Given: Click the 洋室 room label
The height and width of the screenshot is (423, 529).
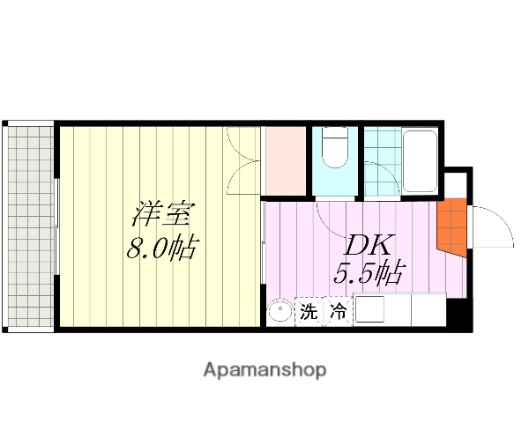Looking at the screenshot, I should (160, 215).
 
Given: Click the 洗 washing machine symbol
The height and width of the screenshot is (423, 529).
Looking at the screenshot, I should (309, 312).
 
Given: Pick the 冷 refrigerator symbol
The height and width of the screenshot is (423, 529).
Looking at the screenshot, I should (338, 312).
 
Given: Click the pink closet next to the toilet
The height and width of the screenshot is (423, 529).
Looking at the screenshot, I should (284, 162).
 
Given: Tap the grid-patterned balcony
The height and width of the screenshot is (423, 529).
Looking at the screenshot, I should (29, 226).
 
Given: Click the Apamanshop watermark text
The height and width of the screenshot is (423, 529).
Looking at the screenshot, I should (264, 370).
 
